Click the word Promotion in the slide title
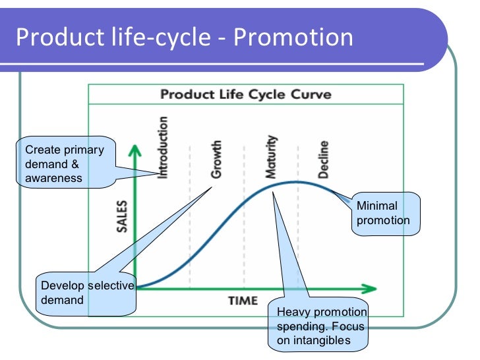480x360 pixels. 293,38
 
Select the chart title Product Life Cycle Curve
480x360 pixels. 246,94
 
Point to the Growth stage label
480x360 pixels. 216,160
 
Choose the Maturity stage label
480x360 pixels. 271,157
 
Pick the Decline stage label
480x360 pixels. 323,160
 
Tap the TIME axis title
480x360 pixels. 243,301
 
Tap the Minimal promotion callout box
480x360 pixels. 384,213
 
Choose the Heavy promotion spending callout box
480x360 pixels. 318,326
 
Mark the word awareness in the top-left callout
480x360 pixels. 53,178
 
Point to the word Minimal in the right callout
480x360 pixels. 376,206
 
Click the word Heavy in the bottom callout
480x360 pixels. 291,313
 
